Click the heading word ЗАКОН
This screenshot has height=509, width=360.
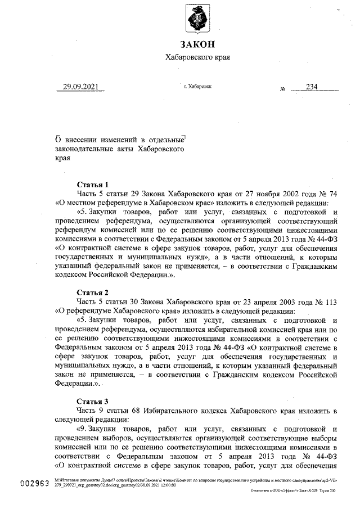[197, 44]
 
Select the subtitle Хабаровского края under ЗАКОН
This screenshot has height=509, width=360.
[197, 57]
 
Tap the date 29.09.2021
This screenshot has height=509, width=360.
[80, 87]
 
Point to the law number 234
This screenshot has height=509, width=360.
[312, 87]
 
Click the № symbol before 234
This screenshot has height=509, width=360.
[283, 89]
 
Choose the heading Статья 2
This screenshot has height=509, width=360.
[93, 293]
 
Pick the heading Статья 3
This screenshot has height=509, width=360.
[93, 402]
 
